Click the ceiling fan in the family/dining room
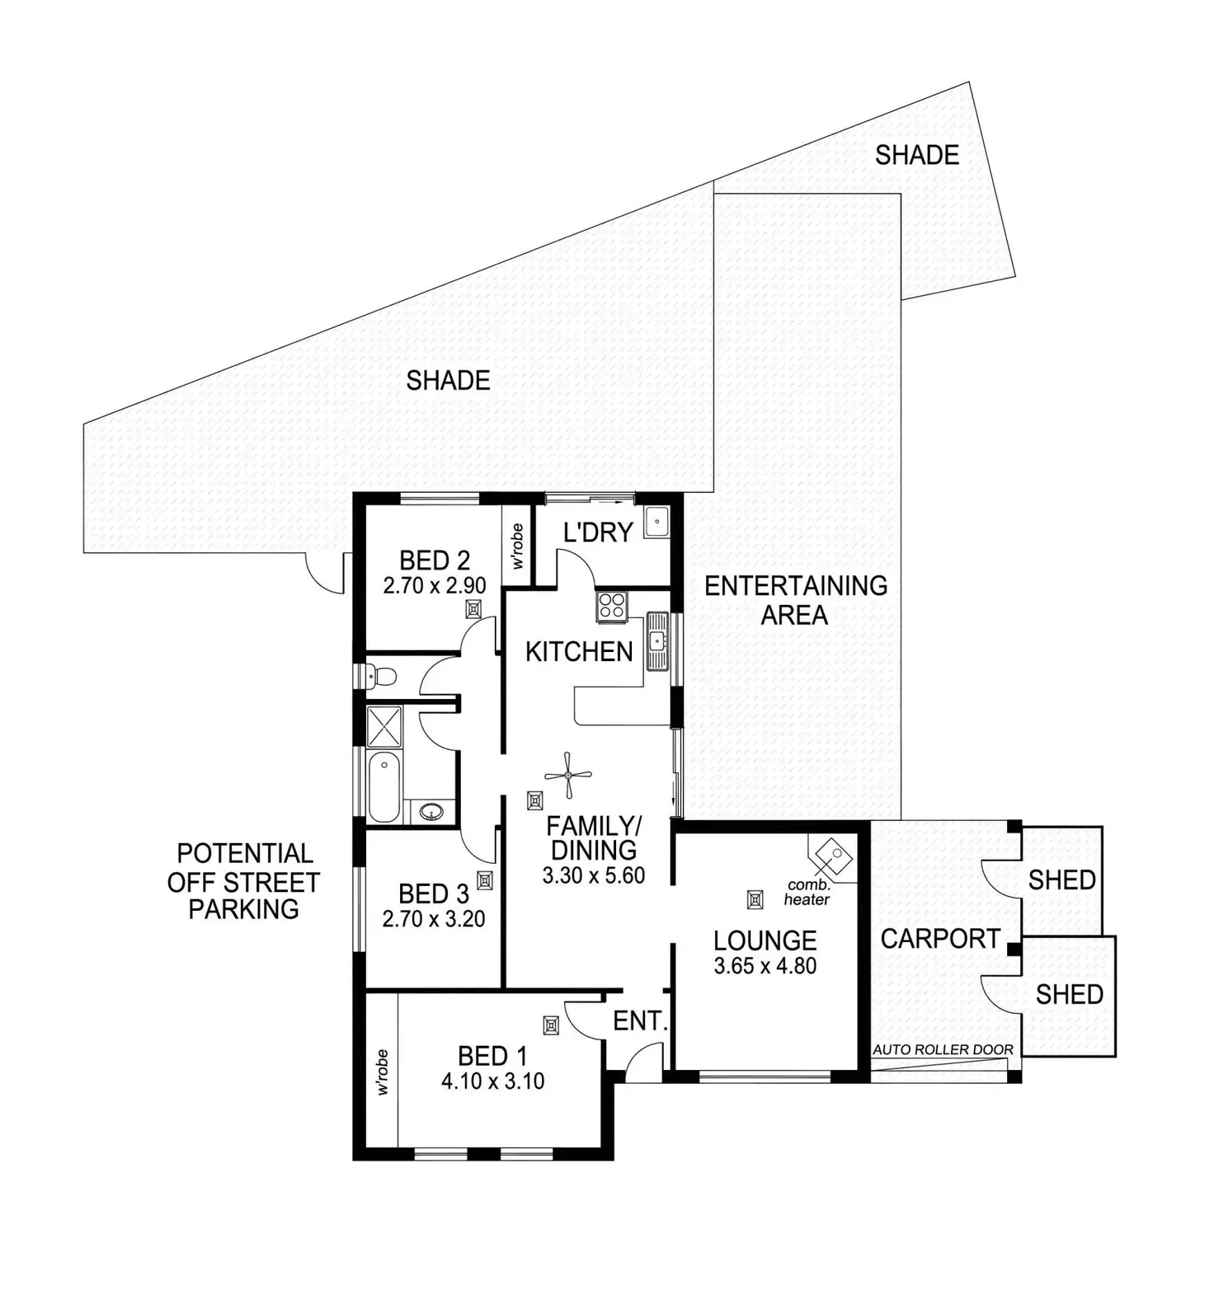point(568,775)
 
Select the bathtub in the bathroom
point(384,786)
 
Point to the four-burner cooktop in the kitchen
point(612,607)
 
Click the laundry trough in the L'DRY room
point(657,522)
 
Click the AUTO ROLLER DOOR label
point(943,1050)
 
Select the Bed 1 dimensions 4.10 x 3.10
point(492,1081)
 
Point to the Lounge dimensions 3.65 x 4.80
point(765,966)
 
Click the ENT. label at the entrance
point(640,1021)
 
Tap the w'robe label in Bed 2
point(518,546)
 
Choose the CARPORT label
point(940,938)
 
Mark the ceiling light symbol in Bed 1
point(551,1025)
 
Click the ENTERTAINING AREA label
point(796,600)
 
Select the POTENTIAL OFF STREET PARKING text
point(243,881)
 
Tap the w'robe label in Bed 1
point(382,1072)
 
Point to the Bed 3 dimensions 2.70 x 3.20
point(434,919)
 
